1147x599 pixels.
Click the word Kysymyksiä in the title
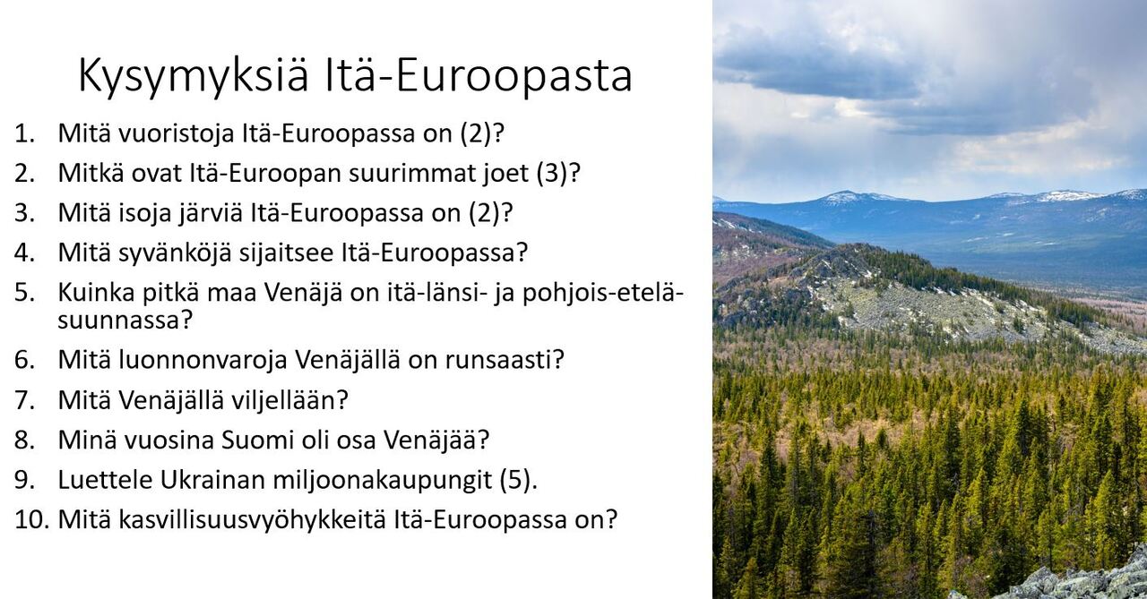(x=194, y=77)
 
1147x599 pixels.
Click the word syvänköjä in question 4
(x=175, y=253)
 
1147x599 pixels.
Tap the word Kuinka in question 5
(x=96, y=293)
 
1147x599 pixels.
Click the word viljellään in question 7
(x=284, y=400)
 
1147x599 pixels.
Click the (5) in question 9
(x=515, y=480)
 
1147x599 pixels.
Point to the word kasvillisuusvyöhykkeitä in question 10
(x=253, y=520)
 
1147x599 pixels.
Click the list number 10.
(x=32, y=520)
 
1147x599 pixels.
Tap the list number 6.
(x=24, y=360)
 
